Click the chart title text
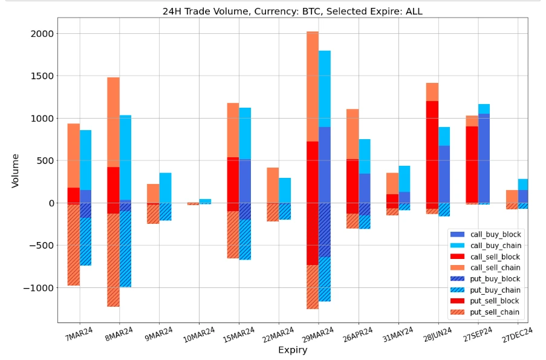pos(292,11)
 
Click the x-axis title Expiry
pos(292,350)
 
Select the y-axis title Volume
pos(15,171)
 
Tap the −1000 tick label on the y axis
pos(39,288)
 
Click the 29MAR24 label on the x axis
pos(317,333)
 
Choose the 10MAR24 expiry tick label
pos(198,333)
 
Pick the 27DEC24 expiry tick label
pos(516,333)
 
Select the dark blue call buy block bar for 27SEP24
pos(484,157)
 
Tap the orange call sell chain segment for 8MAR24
pos(113,121)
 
